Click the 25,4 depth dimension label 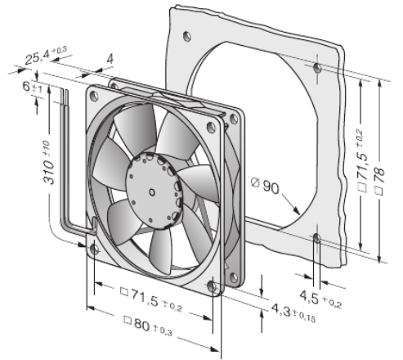click(x=46, y=56)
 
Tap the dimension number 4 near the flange click(x=110, y=59)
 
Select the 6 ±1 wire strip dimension click(x=33, y=87)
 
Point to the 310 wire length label click(x=48, y=163)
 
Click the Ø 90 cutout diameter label click(x=265, y=186)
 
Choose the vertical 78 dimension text click(x=379, y=181)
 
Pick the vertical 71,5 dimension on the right click(x=363, y=160)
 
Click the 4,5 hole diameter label click(x=320, y=299)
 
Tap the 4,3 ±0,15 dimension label click(x=293, y=313)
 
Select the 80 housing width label click(x=148, y=325)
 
